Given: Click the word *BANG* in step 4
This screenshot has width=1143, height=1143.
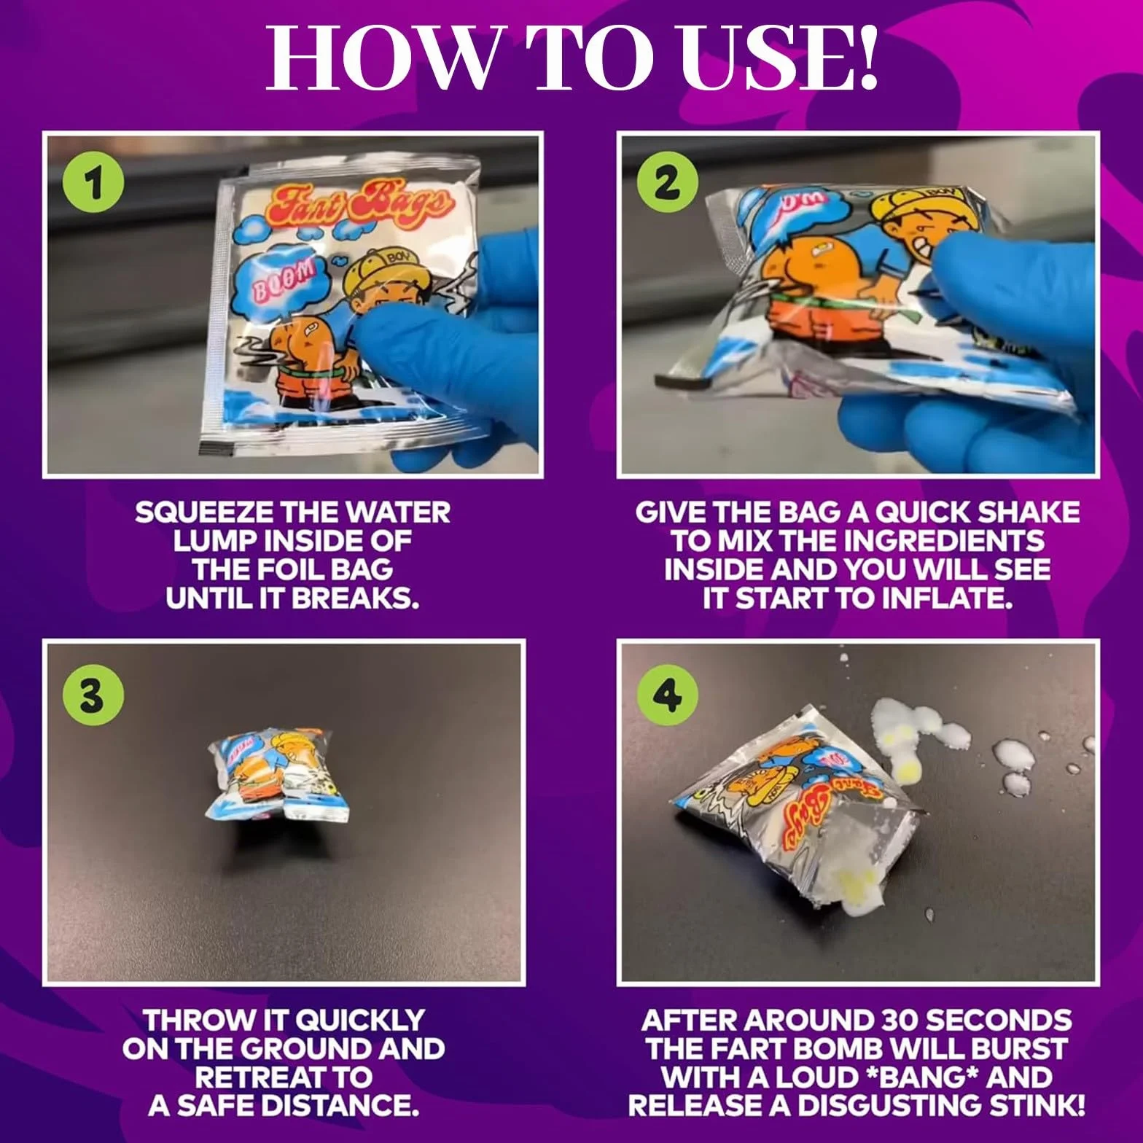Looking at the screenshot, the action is coord(974,1077).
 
